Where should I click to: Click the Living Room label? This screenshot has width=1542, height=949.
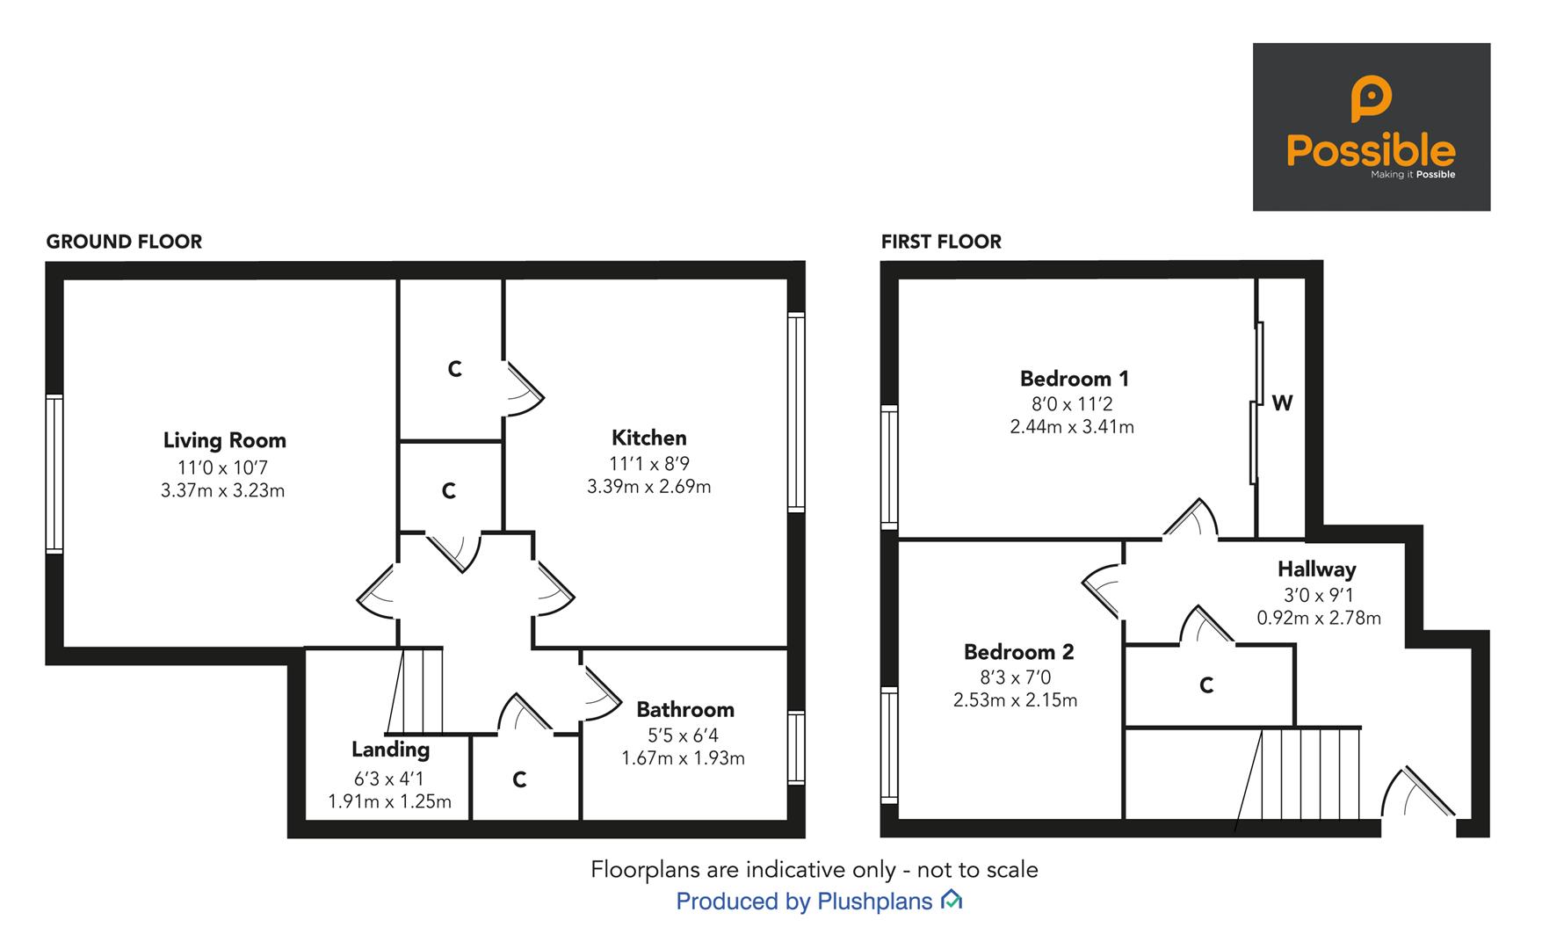tap(224, 440)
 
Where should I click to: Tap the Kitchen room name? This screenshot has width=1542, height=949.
tap(648, 438)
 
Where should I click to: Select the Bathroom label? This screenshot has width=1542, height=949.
tap(684, 709)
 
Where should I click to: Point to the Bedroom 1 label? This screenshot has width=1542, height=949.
tap(1074, 379)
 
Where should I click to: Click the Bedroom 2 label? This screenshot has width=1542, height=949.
tap(1018, 652)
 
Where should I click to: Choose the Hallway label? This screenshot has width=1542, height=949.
tap(1316, 569)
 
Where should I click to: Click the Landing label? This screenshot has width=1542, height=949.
tap(390, 750)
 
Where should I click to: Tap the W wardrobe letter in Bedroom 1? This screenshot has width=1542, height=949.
tap(1282, 403)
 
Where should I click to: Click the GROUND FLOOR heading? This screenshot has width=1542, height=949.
tap(124, 242)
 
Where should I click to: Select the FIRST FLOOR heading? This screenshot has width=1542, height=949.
tap(941, 242)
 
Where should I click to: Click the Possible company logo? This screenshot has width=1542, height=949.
tap(1371, 127)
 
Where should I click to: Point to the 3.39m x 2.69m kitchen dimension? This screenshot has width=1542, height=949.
tap(648, 487)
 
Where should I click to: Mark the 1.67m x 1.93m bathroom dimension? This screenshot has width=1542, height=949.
tap(683, 758)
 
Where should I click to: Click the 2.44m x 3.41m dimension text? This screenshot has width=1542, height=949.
tap(1071, 427)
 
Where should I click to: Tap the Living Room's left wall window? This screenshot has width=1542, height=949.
tap(54, 474)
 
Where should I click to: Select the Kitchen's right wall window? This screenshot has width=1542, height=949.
tap(795, 412)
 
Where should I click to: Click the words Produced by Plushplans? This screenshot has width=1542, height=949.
tap(803, 902)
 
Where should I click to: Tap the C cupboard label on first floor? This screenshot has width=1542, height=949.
tap(1206, 685)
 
